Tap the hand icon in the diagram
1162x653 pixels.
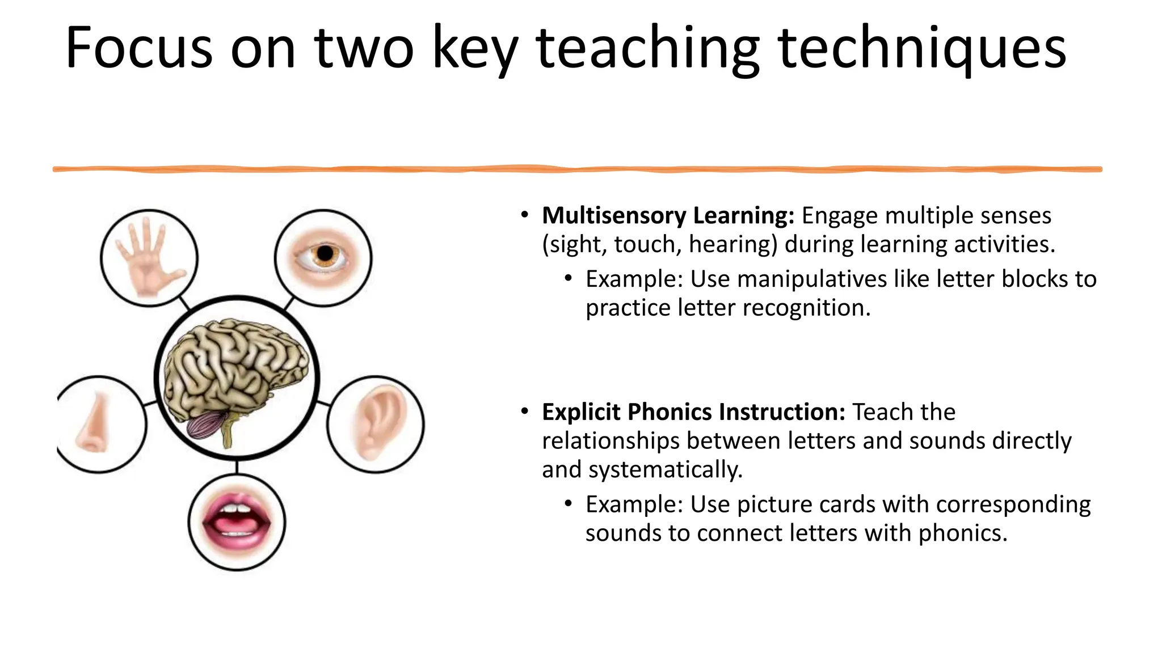(x=149, y=258)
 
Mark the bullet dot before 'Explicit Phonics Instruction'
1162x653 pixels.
(x=525, y=411)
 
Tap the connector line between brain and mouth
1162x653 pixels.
(x=237, y=467)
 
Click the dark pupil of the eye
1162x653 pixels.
(x=325, y=253)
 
